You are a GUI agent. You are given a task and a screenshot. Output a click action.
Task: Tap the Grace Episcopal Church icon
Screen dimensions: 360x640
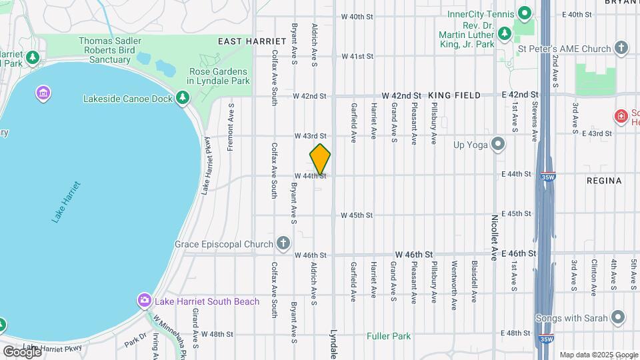(283, 243)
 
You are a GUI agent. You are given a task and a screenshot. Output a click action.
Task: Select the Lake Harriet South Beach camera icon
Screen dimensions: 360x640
(144, 301)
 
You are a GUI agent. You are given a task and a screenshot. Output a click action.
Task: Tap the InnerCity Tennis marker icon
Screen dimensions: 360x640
(525, 14)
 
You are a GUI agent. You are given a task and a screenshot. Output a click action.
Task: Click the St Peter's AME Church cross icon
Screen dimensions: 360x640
(621, 48)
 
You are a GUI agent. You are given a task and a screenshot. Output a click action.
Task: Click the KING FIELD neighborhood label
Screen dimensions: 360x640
(454, 96)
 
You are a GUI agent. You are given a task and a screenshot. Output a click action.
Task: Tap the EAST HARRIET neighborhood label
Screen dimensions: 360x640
(243, 41)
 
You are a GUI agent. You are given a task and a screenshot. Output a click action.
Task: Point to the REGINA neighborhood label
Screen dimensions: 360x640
(604, 181)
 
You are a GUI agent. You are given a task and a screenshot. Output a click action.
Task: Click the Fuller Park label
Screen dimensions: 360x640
(389, 336)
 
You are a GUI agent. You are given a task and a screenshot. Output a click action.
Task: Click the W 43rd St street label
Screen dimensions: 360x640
(311, 135)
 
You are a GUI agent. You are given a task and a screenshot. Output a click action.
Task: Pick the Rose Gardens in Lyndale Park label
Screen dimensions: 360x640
(219, 76)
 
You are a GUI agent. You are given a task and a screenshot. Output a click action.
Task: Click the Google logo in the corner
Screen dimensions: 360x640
(21, 351)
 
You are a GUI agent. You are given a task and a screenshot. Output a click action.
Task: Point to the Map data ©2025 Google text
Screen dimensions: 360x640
(598, 354)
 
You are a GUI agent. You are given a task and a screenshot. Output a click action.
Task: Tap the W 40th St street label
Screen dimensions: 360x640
(356, 17)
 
